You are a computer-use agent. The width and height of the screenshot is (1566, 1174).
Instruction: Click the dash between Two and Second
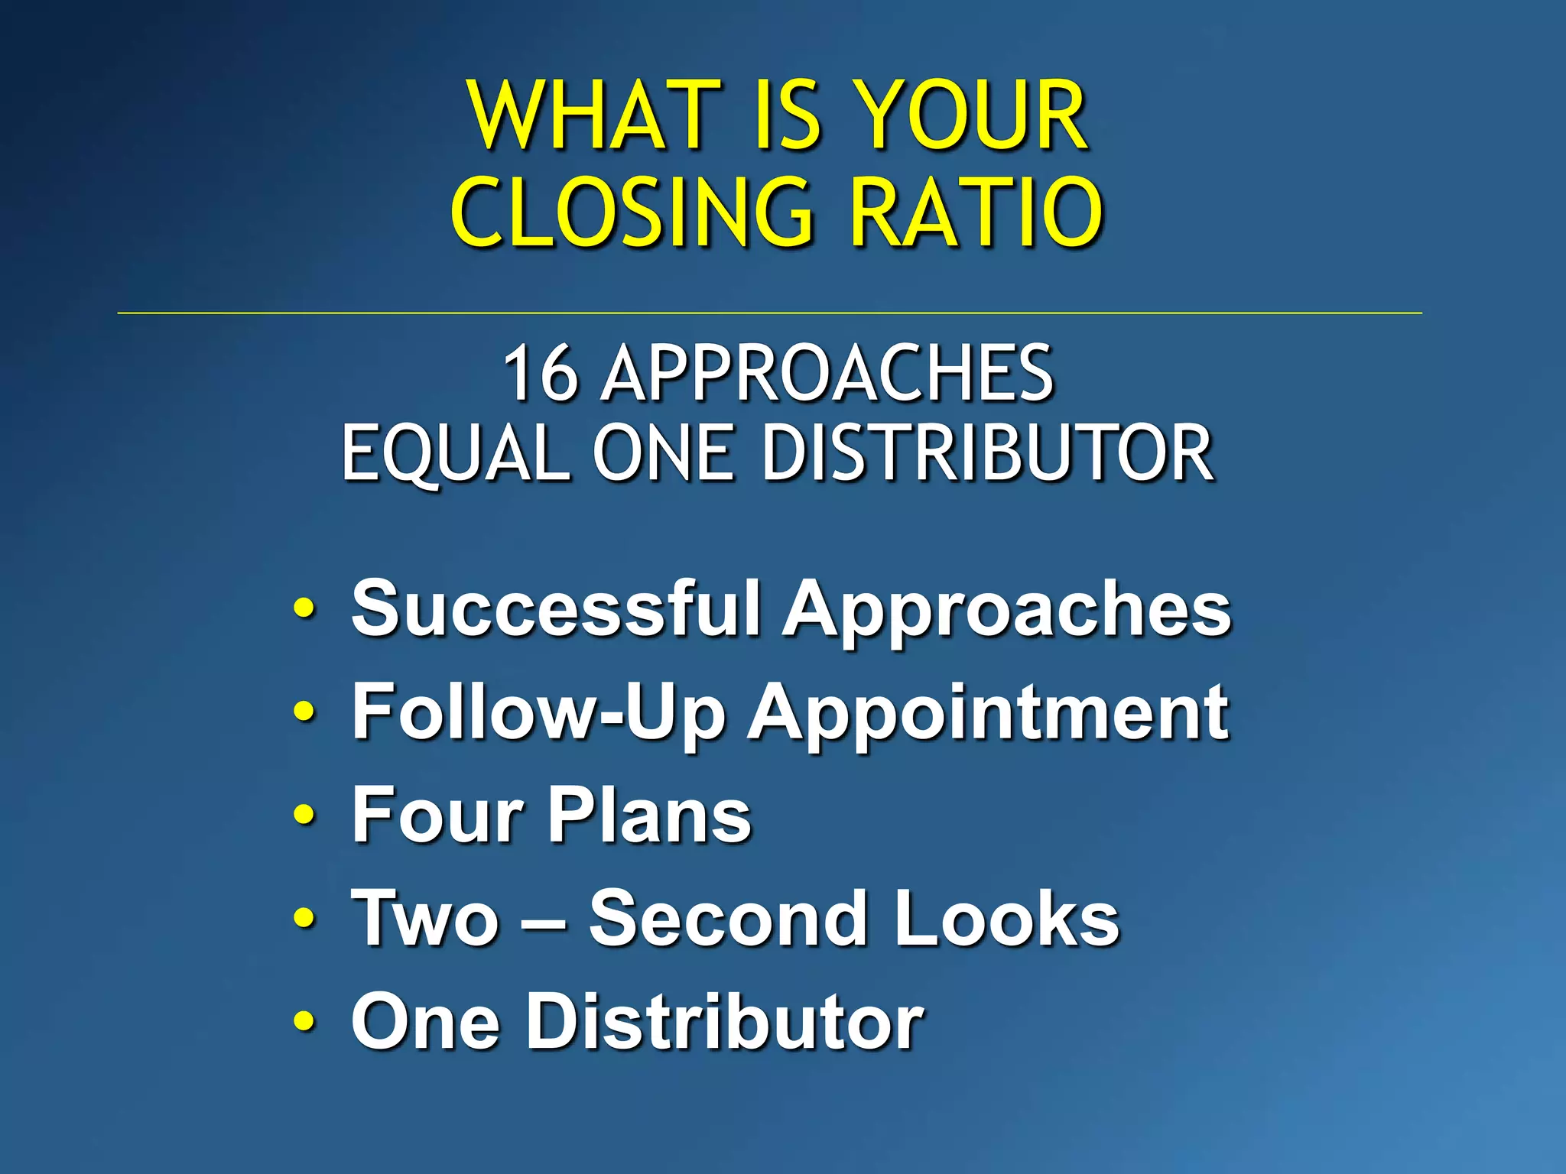544,920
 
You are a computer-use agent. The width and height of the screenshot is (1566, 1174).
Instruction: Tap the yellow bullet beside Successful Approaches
304,609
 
